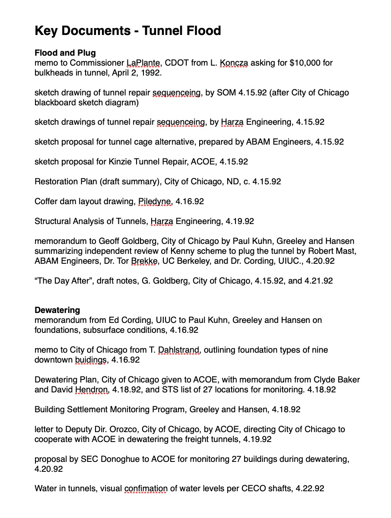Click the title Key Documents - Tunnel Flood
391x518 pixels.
point(127,31)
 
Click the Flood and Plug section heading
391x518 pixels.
point(65,53)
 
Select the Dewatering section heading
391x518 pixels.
point(57,310)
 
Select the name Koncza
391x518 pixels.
point(234,63)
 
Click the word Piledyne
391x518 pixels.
point(155,201)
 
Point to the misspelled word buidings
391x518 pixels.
point(90,360)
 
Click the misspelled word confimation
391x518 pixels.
point(146,489)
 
